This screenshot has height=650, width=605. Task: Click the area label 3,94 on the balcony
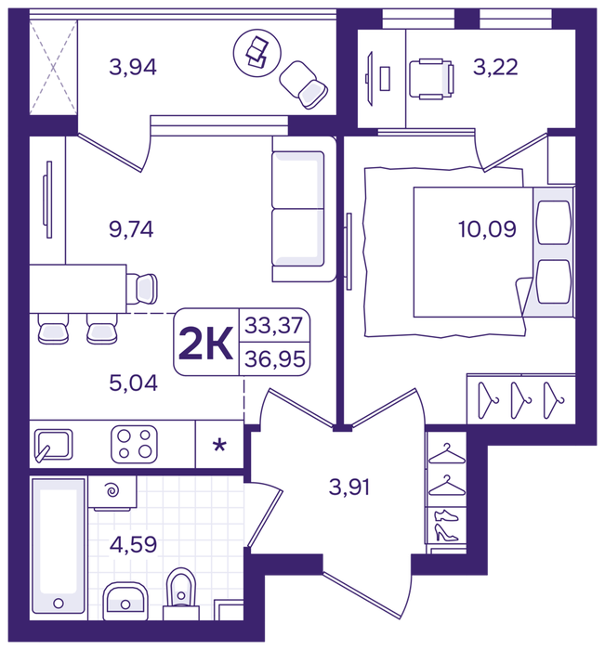click(x=133, y=67)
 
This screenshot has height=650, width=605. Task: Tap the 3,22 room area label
click(x=495, y=67)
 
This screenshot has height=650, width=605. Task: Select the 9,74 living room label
click(x=131, y=228)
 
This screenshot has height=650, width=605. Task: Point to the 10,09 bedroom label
click(x=487, y=228)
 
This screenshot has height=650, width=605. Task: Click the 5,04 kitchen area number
click(x=133, y=383)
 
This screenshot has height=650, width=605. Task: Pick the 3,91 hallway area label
click(x=349, y=487)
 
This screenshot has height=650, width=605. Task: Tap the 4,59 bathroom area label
click(x=133, y=544)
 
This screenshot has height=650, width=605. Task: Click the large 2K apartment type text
click(x=205, y=344)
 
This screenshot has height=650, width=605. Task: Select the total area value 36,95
click(x=275, y=359)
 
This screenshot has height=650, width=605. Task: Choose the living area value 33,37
click(x=274, y=325)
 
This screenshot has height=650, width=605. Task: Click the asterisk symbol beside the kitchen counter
click(x=219, y=446)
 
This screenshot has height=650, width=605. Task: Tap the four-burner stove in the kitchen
click(x=134, y=445)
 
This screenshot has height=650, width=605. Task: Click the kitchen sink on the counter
click(x=54, y=445)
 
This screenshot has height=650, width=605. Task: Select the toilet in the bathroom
click(x=181, y=593)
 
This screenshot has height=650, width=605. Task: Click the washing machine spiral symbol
click(x=112, y=491)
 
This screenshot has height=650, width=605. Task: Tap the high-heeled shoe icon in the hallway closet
click(x=446, y=533)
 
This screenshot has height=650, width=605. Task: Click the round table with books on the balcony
click(x=257, y=53)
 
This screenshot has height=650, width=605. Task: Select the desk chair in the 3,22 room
click(x=431, y=79)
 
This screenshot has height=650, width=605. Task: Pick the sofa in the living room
click(x=304, y=209)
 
